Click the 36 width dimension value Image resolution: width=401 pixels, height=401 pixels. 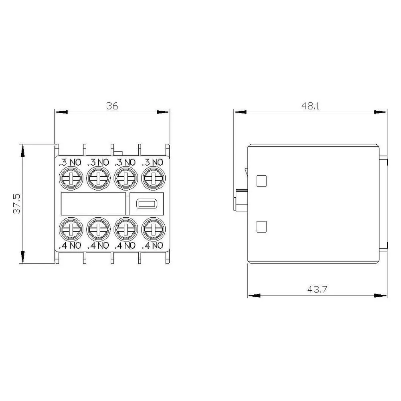112,106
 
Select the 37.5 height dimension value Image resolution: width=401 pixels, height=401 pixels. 17,204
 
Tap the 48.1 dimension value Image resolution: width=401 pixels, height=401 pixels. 310,106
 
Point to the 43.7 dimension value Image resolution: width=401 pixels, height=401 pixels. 317,289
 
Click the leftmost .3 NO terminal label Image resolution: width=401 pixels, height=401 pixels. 70,162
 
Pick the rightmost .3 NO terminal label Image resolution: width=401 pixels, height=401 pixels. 152,162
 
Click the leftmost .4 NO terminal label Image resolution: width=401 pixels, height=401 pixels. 70,245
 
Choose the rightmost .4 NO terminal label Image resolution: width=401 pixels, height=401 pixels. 152,245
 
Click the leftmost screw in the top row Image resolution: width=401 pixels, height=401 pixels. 71,178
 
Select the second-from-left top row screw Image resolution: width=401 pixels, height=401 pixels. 99,178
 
